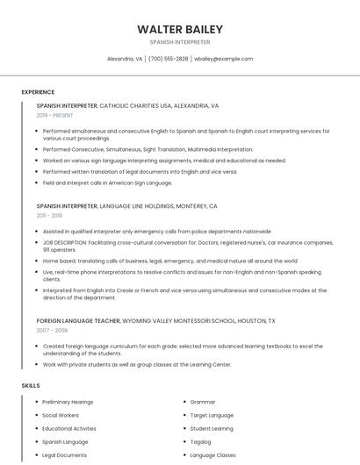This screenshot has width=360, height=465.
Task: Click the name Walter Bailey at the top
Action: tap(180, 29)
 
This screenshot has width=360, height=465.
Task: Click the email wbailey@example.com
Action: tap(223, 59)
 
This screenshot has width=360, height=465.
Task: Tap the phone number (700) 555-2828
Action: tap(169, 59)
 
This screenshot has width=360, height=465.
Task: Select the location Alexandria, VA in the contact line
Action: tap(125, 59)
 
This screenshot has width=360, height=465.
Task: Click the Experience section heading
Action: tap(38, 92)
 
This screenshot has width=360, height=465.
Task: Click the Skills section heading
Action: tap(31, 385)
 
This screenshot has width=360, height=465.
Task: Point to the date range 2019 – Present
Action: tap(55, 115)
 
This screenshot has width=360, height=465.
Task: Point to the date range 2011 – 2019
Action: tap(49, 215)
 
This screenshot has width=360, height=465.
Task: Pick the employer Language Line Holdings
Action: tap(137, 205)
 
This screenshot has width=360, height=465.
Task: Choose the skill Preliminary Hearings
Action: tap(68, 402)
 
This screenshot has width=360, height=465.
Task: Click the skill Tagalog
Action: tap(201, 442)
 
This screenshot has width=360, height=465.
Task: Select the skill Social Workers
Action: tap(61, 415)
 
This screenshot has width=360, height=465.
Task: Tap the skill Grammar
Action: tap(203, 402)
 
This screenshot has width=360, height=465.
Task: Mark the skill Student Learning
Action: tap(212, 429)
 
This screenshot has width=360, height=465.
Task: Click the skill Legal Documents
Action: tap(64, 455)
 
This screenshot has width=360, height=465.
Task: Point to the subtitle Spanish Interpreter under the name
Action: tap(180, 42)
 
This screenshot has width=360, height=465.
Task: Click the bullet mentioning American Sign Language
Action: tap(107, 182)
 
